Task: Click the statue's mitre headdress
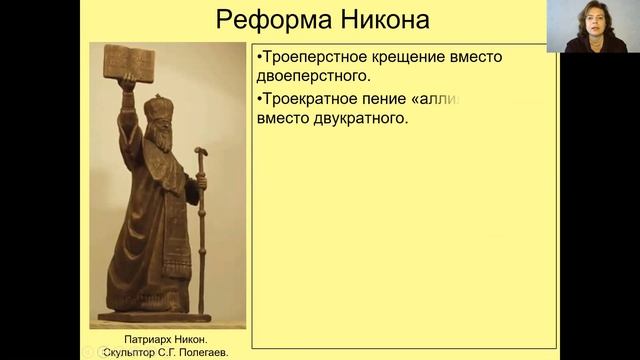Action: tap(157, 108)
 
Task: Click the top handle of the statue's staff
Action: tap(200, 154)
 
